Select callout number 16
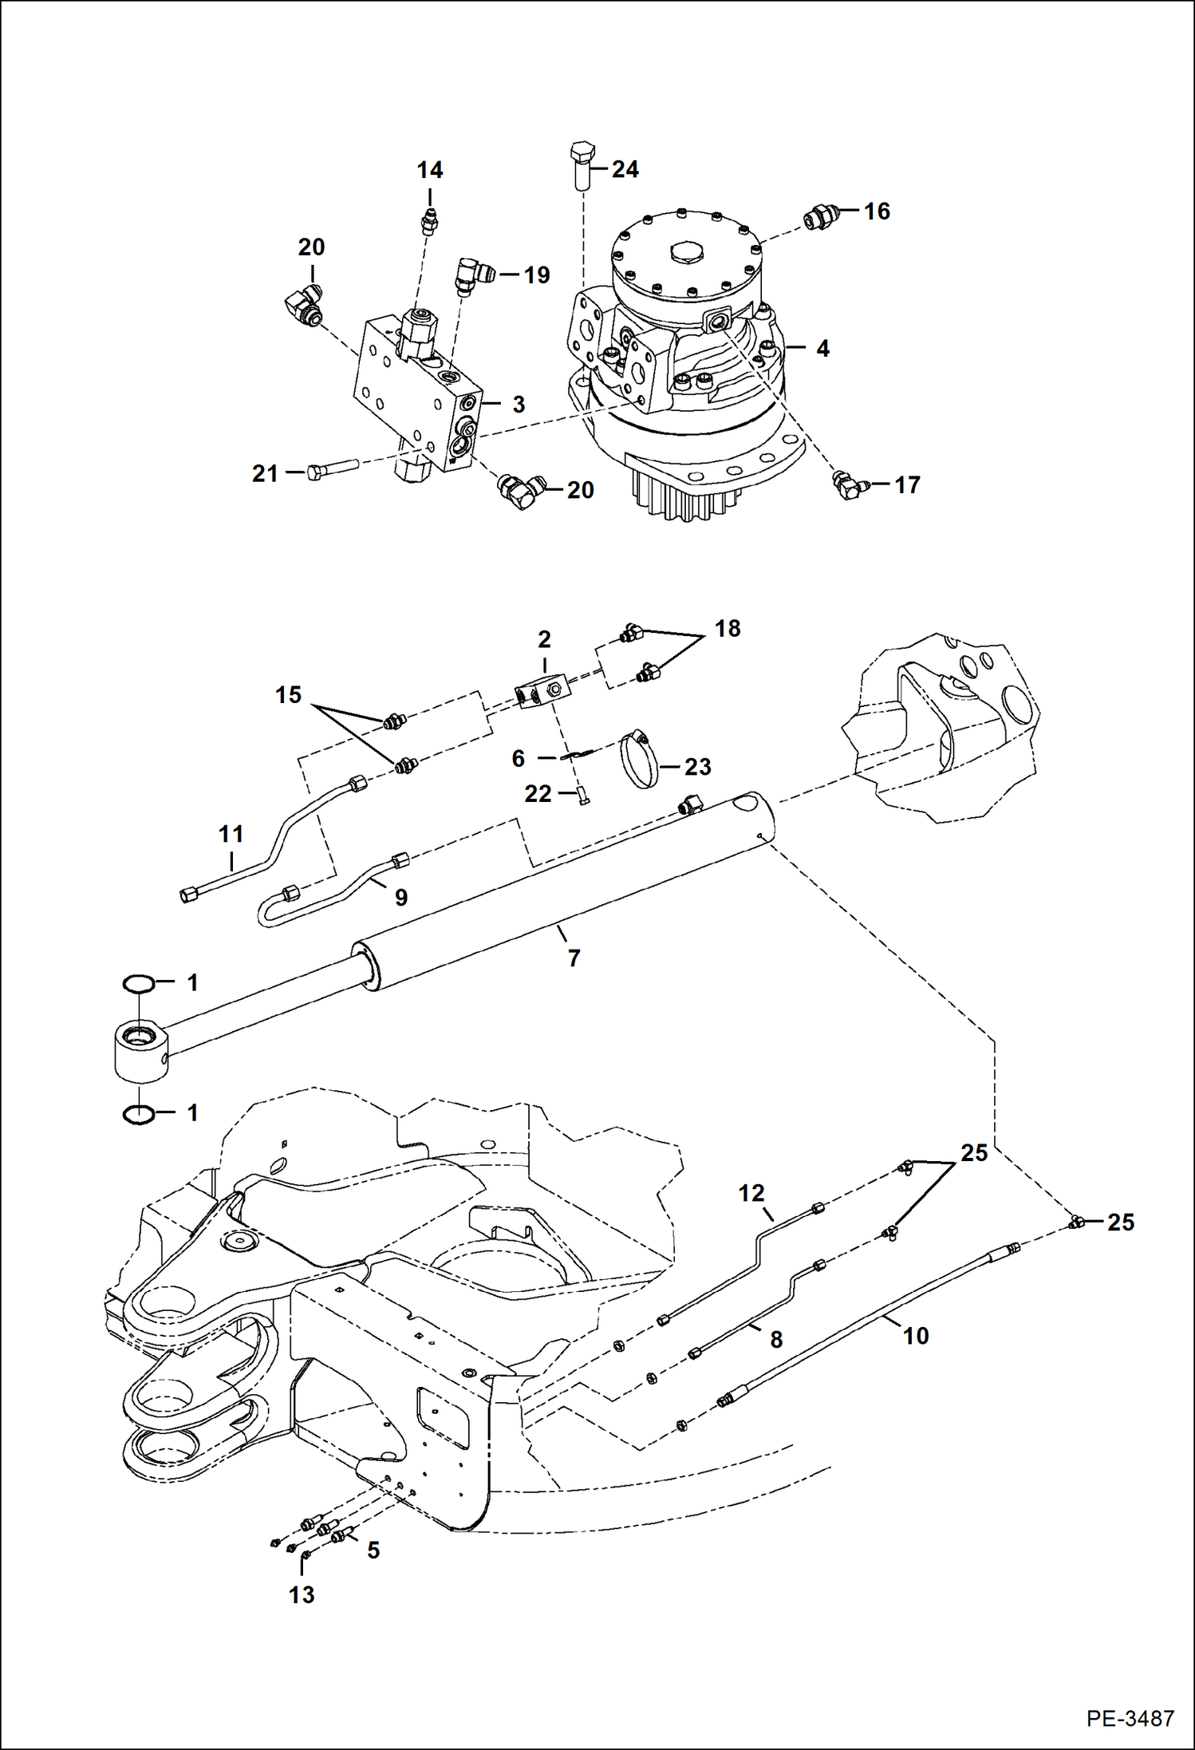point(877,211)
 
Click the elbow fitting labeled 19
point(473,274)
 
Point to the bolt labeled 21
point(330,472)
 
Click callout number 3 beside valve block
point(519,405)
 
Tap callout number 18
point(728,629)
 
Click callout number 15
point(289,695)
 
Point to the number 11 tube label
point(231,835)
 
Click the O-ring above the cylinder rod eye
point(138,985)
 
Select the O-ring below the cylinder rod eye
point(138,1115)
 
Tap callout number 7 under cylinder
point(574,958)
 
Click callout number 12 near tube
point(751,1193)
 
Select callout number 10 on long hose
point(916,1336)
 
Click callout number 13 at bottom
point(302,1594)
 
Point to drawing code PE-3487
point(1130,1719)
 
